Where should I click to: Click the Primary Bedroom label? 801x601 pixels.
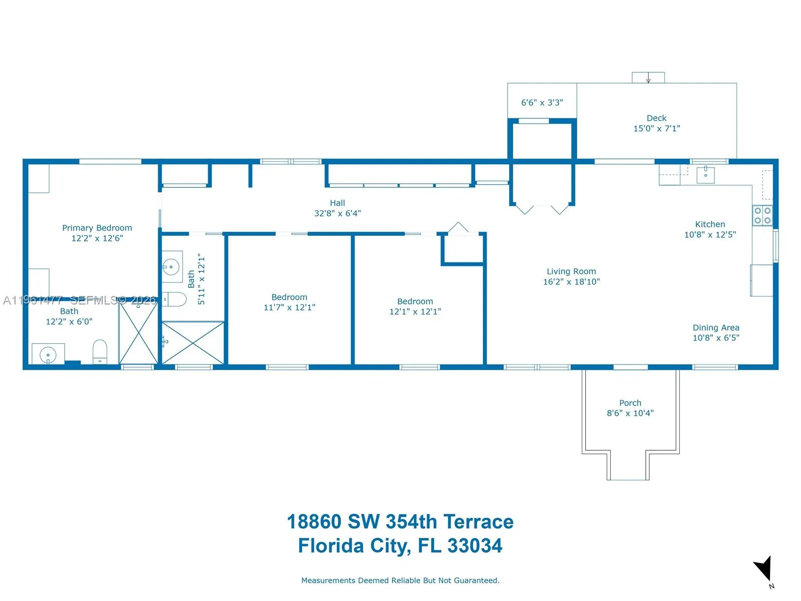(97, 228)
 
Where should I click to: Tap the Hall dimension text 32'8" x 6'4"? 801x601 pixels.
(337, 213)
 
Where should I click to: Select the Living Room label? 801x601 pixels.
(571, 271)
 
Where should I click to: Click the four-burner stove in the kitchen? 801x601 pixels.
(762, 216)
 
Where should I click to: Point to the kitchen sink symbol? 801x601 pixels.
(705, 175)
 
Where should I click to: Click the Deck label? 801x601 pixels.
(656, 118)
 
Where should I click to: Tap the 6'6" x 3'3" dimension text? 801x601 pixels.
(542, 103)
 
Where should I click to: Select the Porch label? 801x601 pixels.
(630, 403)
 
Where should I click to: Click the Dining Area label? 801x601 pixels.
(716, 328)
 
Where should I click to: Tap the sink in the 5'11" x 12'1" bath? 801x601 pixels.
(171, 267)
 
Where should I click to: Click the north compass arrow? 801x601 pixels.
(763, 568)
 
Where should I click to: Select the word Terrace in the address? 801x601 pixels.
(478, 522)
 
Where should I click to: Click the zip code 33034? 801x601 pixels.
(475, 546)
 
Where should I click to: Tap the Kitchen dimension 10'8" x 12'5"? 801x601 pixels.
(710, 234)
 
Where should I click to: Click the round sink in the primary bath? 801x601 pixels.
(48, 355)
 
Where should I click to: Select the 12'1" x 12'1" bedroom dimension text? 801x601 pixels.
(415, 312)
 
